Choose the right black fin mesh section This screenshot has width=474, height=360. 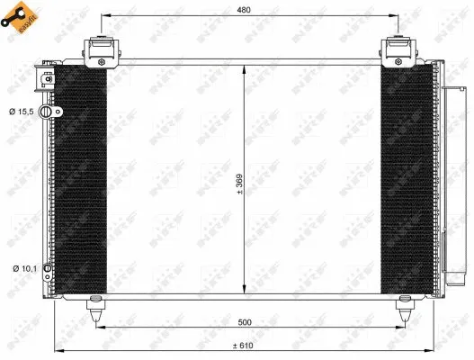click(x=406, y=180)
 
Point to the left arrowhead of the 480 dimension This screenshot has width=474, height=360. click(x=102, y=17)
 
